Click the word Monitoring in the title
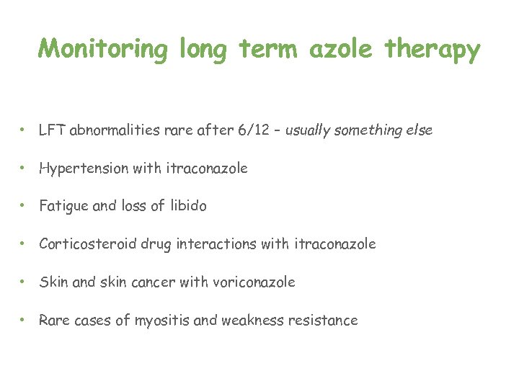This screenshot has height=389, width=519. [x=102, y=50]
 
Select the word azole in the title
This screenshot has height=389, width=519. [x=344, y=49]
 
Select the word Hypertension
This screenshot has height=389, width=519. [x=84, y=169]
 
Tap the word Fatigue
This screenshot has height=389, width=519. [x=63, y=206]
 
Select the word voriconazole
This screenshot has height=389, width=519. [x=254, y=282]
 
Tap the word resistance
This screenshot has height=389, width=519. [x=323, y=321]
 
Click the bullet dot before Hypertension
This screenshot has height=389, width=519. [x=24, y=169]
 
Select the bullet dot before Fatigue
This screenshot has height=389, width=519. [x=24, y=206]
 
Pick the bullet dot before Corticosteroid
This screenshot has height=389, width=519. [x=24, y=244]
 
